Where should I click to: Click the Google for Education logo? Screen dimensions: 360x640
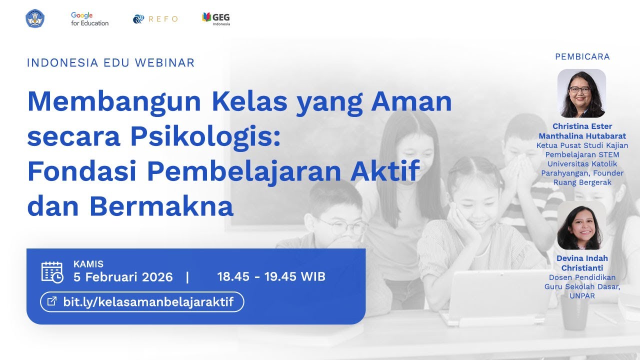89,19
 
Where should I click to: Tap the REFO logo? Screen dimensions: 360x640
155,19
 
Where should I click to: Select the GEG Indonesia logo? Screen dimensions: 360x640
216,18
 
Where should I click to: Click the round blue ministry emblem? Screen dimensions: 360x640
35,19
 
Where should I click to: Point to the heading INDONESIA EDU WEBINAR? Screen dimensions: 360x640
110,63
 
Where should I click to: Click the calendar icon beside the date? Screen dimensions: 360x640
52,272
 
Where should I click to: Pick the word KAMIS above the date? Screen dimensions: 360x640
88,264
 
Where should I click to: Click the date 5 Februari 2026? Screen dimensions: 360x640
123,277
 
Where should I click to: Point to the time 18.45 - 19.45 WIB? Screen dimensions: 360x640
271,276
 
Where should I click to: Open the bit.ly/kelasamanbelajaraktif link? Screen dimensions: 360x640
148,302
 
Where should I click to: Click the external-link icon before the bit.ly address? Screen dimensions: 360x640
51,301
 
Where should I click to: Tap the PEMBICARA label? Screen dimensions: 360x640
582,57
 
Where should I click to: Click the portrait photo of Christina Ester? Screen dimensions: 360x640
581,93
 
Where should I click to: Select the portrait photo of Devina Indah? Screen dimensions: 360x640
581,225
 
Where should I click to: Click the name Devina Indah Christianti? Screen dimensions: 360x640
582,263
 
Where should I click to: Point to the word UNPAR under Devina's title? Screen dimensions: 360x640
582,295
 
